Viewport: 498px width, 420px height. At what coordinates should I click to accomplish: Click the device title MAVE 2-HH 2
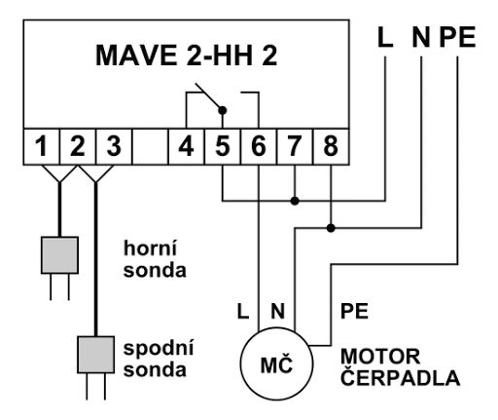point(186,55)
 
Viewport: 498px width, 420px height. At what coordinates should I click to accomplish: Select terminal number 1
point(41,150)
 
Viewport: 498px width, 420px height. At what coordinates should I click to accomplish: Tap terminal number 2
point(77,150)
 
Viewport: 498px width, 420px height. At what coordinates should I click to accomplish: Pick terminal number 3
point(113,150)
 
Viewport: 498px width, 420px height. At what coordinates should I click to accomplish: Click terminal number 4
point(186,150)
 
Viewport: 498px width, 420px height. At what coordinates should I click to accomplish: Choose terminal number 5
point(222,150)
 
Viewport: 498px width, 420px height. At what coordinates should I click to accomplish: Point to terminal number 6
point(258,150)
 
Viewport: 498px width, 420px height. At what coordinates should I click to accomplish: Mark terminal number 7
point(294,150)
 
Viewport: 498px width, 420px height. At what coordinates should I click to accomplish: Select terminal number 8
point(330,150)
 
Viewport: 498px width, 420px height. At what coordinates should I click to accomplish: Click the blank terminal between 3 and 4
point(149,150)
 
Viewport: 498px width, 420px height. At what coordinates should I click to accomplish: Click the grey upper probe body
point(59,254)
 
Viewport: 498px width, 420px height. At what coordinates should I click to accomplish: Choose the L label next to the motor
point(244,314)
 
